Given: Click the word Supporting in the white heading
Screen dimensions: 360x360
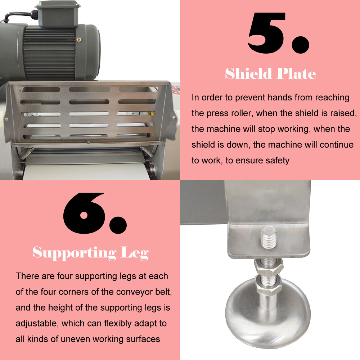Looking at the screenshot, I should click(x=74, y=253).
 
